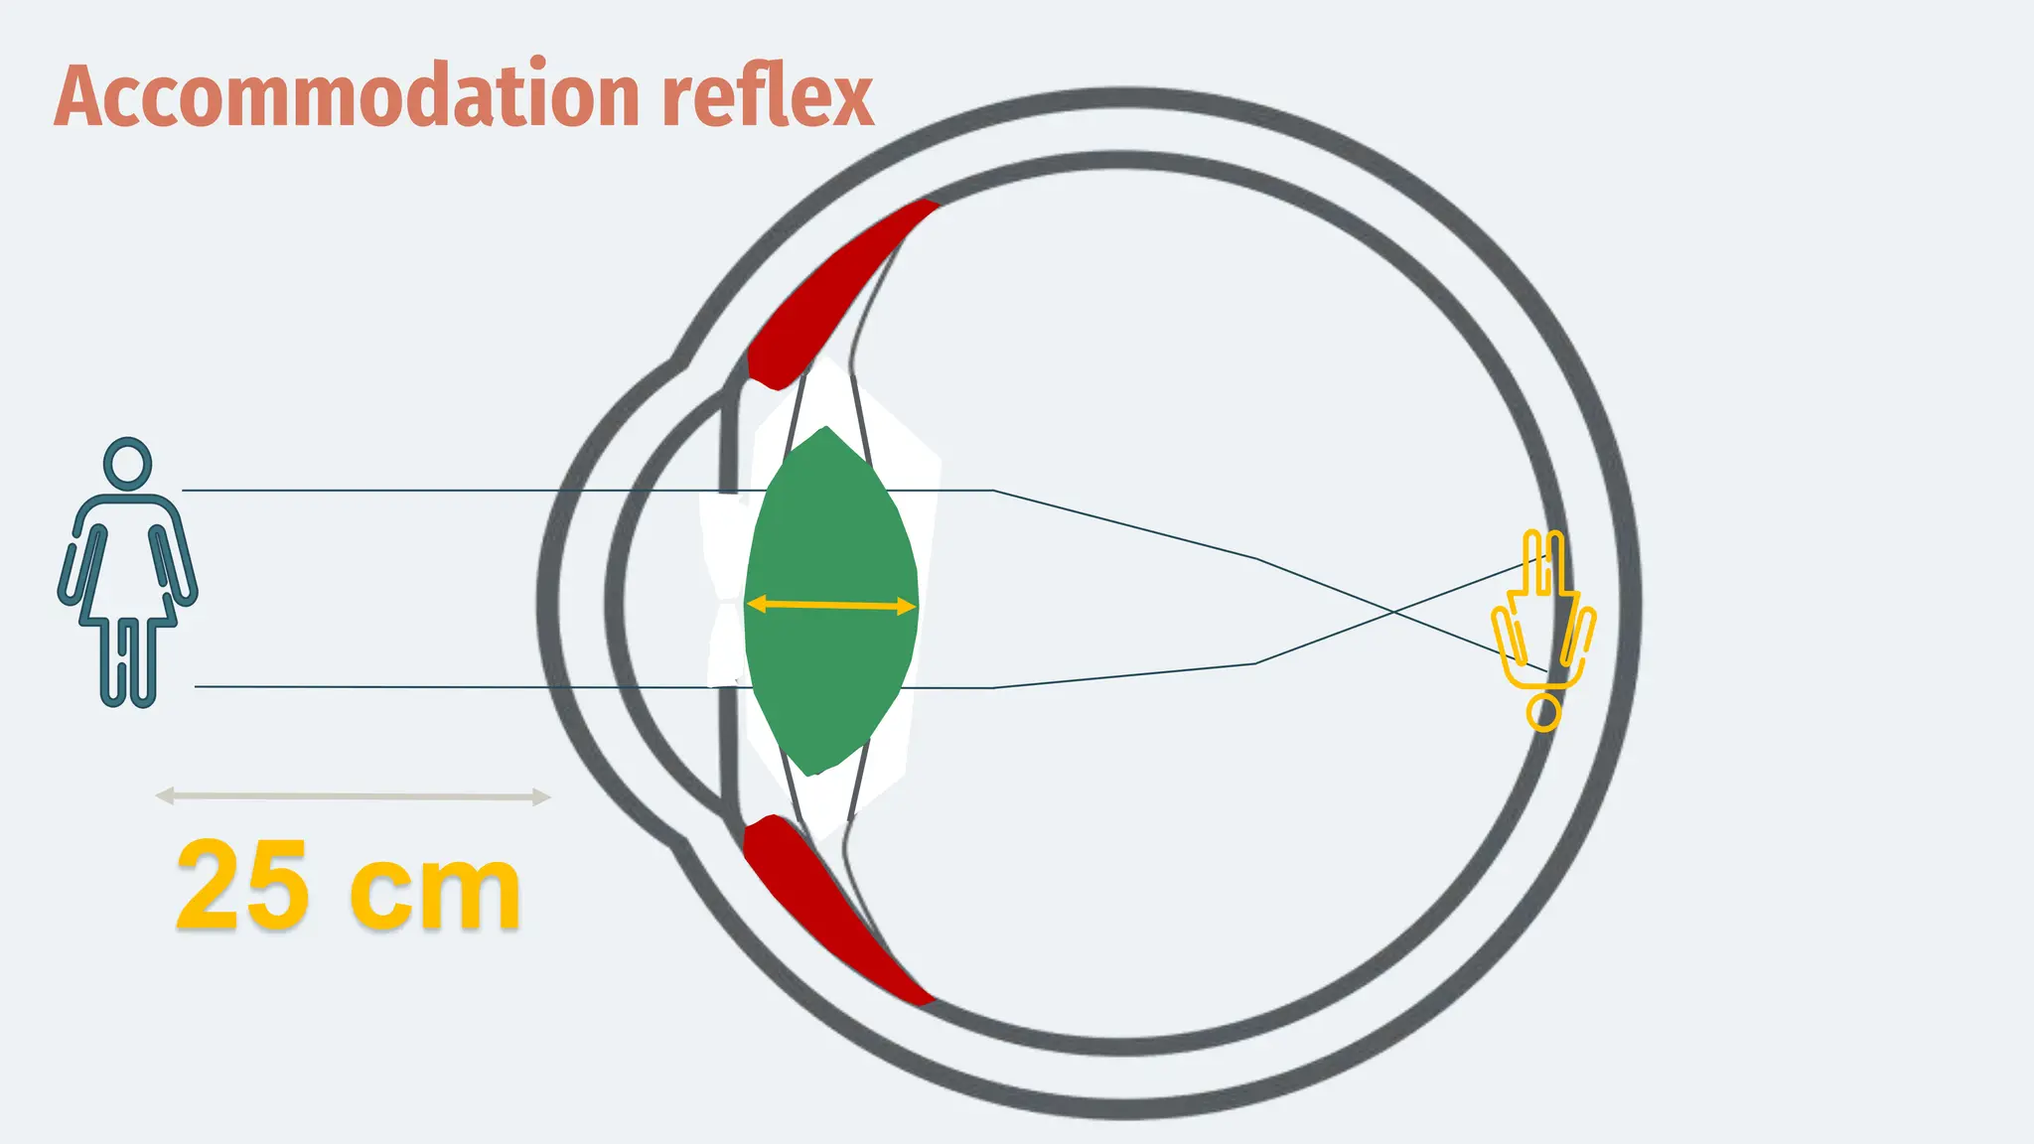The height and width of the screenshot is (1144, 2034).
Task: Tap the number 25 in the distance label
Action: (x=241, y=886)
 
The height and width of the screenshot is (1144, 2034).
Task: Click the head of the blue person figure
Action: (x=127, y=463)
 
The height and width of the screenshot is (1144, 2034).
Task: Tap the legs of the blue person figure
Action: (x=129, y=660)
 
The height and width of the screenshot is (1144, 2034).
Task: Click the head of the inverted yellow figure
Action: (x=1543, y=712)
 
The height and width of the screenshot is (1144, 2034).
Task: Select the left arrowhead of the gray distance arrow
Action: (x=163, y=795)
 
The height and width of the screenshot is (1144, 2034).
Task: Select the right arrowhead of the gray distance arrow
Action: (x=542, y=796)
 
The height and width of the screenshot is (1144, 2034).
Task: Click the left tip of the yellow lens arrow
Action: (x=752, y=603)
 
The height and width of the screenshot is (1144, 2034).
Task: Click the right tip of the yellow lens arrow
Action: (x=911, y=606)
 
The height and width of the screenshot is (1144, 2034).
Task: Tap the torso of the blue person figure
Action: (x=127, y=556)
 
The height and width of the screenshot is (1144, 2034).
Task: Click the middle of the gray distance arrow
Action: (x=353, y=796)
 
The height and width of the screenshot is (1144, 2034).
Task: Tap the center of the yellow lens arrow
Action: (x=831, y=604)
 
